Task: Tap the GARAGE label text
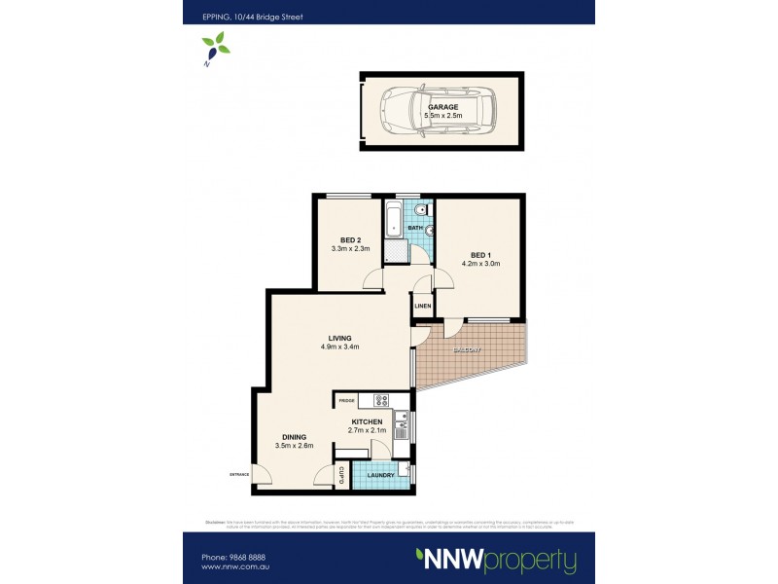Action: coord(442,107)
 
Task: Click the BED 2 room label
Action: coord(350,239)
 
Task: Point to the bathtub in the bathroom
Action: coord(394,220)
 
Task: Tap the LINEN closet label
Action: coord(422,307)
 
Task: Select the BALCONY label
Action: coord(465,350)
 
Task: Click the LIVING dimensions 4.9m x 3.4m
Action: coord(339,347)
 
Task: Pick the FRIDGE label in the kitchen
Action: coord(345,400)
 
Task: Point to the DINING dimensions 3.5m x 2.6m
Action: coord(293,447)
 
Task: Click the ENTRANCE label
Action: coord(239,474)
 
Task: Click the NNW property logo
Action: coord(496,561)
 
